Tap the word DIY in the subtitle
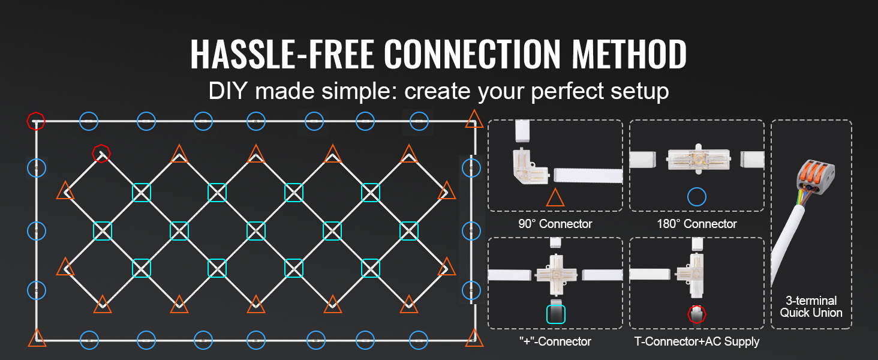click(x=228, y=91)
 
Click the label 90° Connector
click(x=555, y=224)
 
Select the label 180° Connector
click(x=697, y=224)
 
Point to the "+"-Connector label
click(x=555, y=341)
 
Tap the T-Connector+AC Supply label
click(x=697, y=341)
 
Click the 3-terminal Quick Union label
click(x=811, y=307)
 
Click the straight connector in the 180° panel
click(x=698, y=159)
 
